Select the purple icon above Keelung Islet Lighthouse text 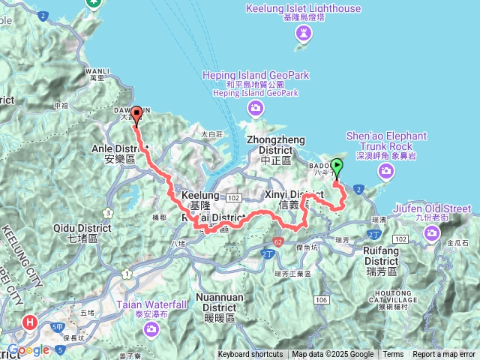coord(304,32)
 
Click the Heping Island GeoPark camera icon coord(255,109)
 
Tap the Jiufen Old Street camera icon coord(432,233)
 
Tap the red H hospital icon coord(30,322)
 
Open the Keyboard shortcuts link coord(250,355)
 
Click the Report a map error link coord(443,355)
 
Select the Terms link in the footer coord(393,355)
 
